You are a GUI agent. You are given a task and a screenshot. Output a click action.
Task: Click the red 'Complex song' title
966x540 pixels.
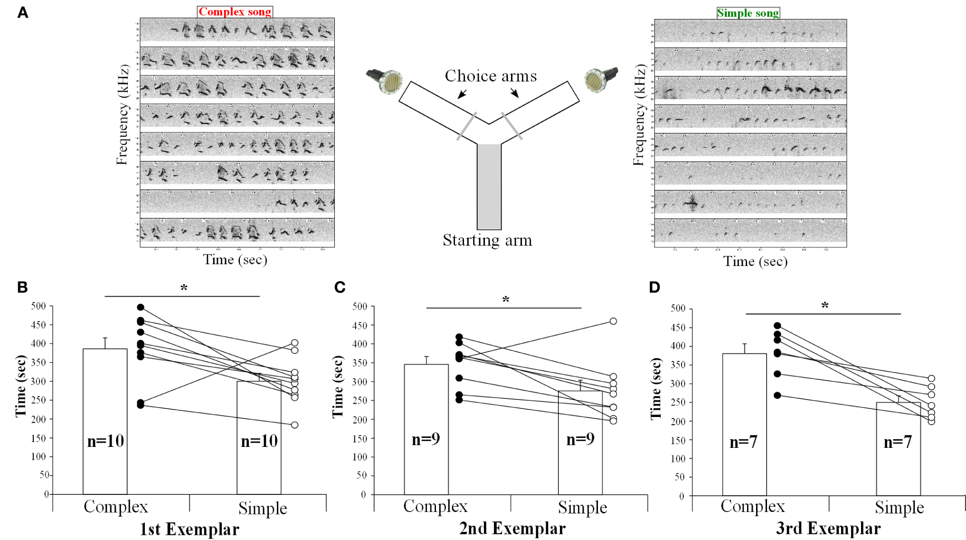[x=235, y=11]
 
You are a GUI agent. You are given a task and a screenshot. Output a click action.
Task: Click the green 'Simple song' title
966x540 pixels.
[x=748, y=13]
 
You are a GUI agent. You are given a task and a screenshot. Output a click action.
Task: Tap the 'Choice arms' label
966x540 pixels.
[x=491, y=76]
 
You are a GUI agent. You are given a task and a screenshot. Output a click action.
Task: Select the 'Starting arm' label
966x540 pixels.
[x=487, y=240]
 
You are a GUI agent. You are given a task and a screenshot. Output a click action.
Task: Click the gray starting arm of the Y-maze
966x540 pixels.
[x=489, y=186]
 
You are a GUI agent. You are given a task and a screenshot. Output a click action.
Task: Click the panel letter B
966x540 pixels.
[x=22, y=287]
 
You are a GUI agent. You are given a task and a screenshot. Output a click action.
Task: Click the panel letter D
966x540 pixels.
[x=654, y=287]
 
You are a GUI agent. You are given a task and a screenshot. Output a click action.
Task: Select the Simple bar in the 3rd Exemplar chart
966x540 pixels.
[x=898, y=449]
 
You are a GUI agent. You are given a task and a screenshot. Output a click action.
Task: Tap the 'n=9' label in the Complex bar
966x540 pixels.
[x=426, y=439]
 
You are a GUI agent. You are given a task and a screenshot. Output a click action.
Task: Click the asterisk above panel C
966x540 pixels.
[x=506, y=300]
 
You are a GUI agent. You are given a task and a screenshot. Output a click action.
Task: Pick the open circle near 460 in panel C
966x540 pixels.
[x=613, y=322]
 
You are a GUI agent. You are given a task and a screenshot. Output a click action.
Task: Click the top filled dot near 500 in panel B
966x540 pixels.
[x=141, y=308]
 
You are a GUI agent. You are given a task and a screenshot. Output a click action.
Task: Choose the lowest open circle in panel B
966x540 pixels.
[x=295, y=425]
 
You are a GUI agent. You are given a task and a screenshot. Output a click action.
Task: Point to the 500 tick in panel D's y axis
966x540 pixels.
[x=678, y=309]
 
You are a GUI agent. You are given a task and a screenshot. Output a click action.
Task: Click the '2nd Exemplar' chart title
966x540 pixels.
[x=512, y=528]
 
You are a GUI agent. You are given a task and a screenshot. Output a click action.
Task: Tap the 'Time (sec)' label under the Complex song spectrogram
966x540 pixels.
[x=235, y=260]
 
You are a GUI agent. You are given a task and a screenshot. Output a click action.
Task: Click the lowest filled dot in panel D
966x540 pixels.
[x=777, y=396]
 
